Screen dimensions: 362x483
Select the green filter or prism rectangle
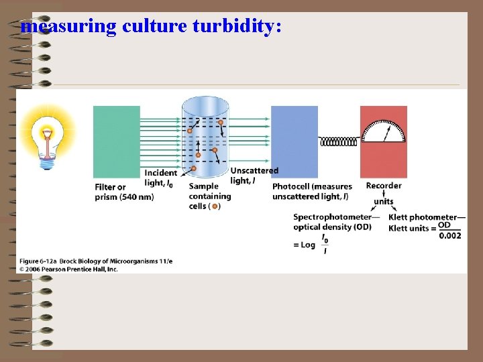pyautogui.click(x=117, y=141)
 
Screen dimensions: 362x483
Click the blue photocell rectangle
pyautogui.click(x=294, y=141)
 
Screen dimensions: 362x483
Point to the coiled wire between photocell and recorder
pyautogui.click(x=339, y=141)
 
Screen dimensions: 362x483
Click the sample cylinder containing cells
pyautogui.click(x=205, y=137)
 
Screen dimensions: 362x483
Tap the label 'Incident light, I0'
pyautogui.click(x=159, y=178)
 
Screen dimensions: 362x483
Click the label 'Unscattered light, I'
pyautogui.click(x=254, y=176)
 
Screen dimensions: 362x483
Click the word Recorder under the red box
pyautogui.click(x=384, y=186)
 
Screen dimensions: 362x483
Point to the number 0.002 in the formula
pyautogui.click(x=449, y=235)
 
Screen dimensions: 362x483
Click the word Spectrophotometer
pyautogui.click(x=332, y=217)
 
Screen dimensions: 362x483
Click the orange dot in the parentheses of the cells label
pyautogui.click(x=215, y=206)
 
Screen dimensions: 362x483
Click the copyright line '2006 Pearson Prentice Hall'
pyautogui.click(x=67, y=268)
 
